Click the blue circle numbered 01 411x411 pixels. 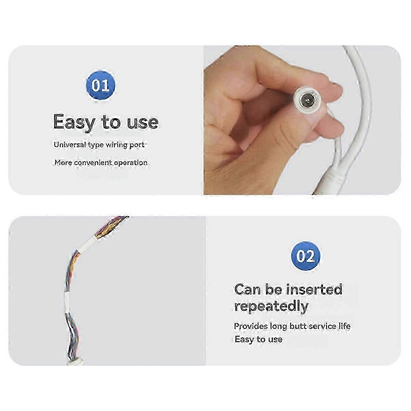pos(100,86)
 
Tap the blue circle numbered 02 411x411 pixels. pos(306,256)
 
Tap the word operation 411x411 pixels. pos(131,163)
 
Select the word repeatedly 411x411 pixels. pos(272,307)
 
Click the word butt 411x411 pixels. pos(297,326)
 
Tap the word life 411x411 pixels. pos(345,326)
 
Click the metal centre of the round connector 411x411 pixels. pos(307,100)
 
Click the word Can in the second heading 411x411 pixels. pos(248,290)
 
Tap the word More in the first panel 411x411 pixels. pos(63,163)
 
